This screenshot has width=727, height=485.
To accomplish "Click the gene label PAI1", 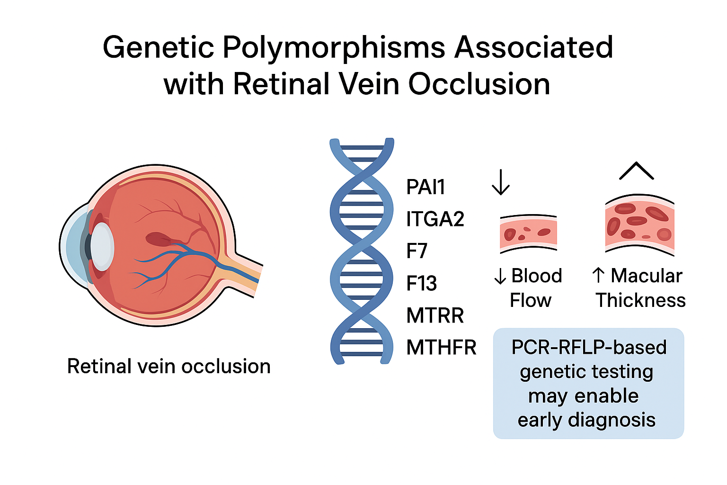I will (426, 187).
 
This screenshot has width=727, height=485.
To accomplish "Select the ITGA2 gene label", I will (435, 219).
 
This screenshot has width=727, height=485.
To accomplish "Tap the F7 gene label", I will (417, 251).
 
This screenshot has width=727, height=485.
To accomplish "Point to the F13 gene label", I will (421, 283).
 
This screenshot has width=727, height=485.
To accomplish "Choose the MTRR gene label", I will (435, 315).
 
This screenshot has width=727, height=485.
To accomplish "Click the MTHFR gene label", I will (441, 348).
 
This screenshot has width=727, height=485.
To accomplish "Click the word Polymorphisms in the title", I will (334, 48).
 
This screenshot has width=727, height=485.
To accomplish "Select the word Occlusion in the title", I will (479, 84).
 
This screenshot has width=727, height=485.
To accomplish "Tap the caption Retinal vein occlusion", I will (169, 366).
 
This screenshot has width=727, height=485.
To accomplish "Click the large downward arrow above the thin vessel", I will (500, 182).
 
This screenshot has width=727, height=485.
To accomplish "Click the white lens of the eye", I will (102, 246).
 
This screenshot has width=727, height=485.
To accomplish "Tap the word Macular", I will (646, 276).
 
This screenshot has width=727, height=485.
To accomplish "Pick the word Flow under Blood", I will (530, 300).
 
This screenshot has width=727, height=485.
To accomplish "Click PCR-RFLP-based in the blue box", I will (589, 347).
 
